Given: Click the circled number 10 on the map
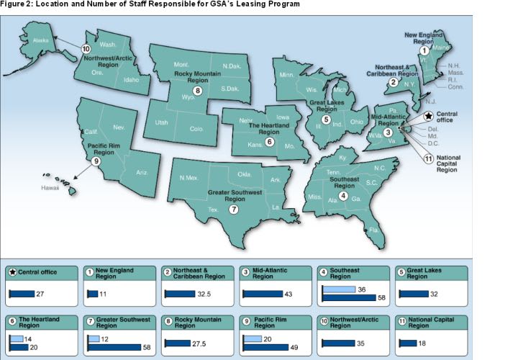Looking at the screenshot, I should point(86,49).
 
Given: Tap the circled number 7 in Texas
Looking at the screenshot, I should point(232,210).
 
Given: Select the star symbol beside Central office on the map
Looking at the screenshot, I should point(429,115).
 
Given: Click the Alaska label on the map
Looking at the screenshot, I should point(41,40).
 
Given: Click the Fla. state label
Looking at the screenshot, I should point(374,230).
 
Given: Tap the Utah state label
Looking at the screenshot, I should point(161,123).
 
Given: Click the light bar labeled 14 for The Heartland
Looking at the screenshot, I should point(15,338).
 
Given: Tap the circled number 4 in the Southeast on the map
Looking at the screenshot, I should point(342,197).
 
